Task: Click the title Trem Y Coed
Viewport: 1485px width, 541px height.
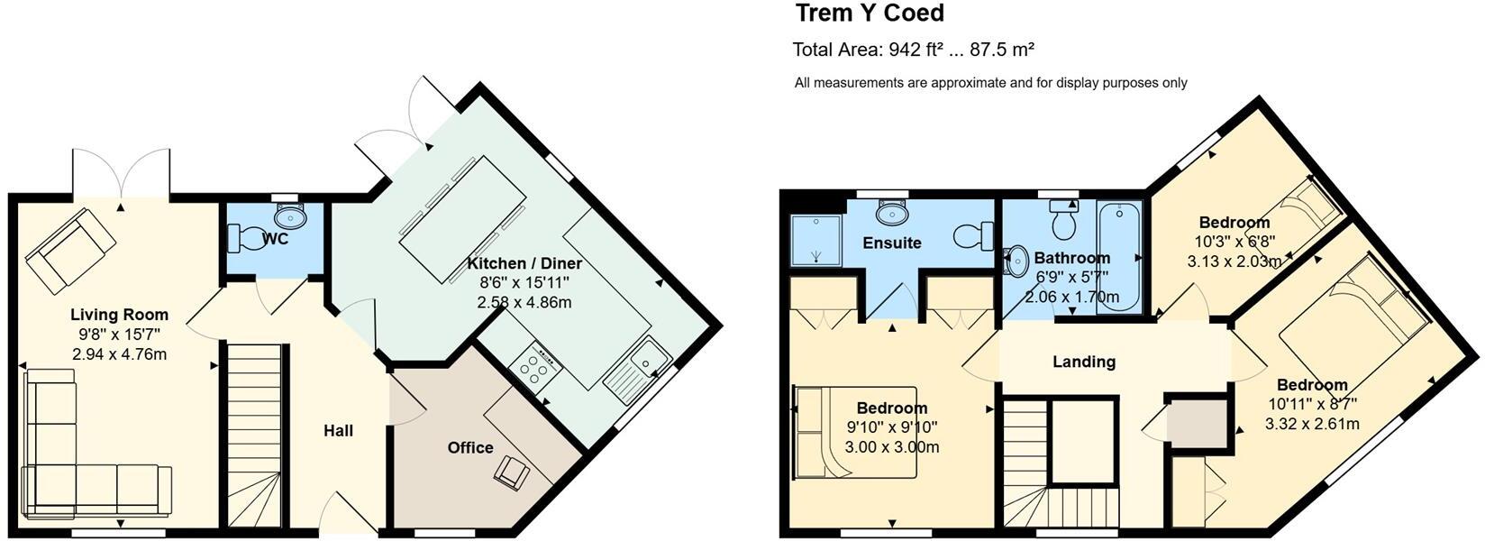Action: point(870,14)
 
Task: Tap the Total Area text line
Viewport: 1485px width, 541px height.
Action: point(913,50)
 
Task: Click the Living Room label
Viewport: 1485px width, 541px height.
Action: point(120,315)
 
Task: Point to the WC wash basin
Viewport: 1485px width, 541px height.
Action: point(290,215)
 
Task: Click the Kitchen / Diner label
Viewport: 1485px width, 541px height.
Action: point(524,263)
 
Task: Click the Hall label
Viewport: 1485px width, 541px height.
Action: point(338,431)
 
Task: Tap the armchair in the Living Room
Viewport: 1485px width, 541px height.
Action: point(70,251)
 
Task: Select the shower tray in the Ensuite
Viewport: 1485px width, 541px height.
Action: point(816,240)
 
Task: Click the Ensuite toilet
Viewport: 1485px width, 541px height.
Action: point(971,237)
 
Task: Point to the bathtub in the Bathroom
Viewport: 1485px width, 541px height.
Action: point(1120,257)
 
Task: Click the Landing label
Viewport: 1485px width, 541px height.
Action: point(1084,362)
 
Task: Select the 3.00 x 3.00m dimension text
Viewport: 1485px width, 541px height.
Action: point(891,447)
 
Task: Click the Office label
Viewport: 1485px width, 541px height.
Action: point(470,447)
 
